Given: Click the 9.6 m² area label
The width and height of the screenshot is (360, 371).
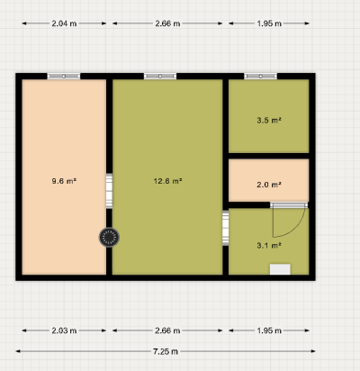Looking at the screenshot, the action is point(64,181).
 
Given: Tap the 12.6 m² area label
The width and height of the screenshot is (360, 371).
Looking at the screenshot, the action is point(167,181).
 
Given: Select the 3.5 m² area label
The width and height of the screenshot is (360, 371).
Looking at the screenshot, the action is point(269,121).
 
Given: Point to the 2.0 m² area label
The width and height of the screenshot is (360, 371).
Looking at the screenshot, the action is point(269,185).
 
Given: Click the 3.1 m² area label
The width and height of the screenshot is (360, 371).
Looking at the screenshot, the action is point(269,246).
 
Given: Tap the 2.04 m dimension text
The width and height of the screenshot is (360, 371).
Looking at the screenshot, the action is point(64,23).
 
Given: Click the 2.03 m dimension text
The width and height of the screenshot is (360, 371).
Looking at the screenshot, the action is point(64,330).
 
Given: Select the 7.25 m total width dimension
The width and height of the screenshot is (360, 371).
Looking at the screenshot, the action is point(166,351).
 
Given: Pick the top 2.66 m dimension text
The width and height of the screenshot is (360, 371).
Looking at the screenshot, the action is point(167,23).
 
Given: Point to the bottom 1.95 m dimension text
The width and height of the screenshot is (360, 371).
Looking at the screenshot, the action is point(269,330).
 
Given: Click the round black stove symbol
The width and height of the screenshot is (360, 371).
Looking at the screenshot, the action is point(109,238).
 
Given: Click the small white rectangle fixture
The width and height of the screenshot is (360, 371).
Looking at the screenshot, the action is point(280,269).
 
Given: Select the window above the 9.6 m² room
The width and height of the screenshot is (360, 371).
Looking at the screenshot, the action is point(64,77).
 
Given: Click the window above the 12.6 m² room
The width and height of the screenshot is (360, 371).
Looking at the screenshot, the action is point(160,77).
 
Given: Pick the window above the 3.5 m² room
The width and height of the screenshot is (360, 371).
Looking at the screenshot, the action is point(260,77).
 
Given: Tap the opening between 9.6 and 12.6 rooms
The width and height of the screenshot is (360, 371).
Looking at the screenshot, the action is point(109,191).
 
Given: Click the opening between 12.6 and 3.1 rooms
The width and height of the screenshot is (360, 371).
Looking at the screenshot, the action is point(226,228).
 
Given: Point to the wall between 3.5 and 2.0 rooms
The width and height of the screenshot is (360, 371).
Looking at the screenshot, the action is point(269,156).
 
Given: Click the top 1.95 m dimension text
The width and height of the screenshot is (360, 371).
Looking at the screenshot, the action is point(269,23).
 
